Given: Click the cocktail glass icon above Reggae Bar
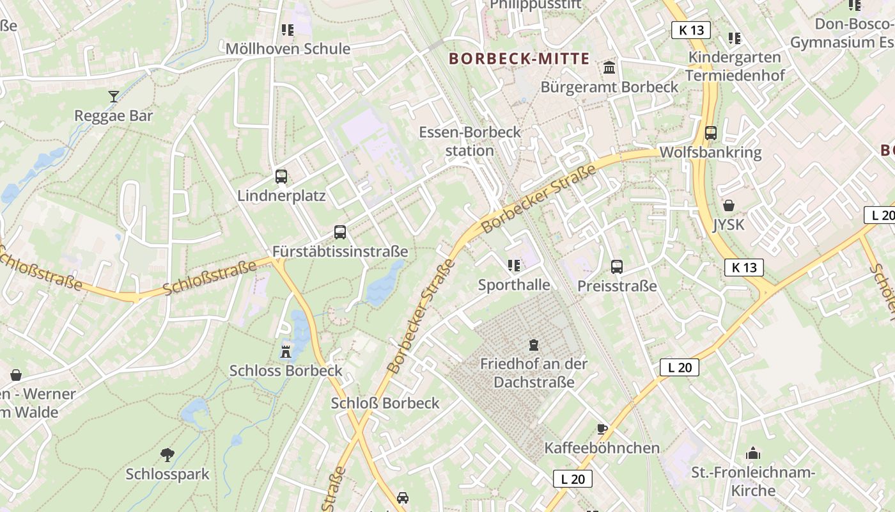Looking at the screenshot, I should point(114,97).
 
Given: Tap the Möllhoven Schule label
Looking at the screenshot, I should point(288,49).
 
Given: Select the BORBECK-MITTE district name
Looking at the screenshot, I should point(519,59).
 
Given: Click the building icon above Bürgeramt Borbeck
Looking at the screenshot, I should point(609,68).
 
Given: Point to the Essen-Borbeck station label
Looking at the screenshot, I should point(470,141).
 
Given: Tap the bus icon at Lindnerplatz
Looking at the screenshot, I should point(281,177).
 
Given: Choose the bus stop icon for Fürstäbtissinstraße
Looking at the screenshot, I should point(340,232).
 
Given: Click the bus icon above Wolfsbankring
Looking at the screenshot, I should point(710,133).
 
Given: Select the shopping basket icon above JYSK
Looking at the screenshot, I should point(728,206).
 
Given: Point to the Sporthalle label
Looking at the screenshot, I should point(514,285).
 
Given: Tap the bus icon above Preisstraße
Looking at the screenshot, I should point(617,267).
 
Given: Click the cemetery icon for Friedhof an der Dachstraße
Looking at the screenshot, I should point(534,345).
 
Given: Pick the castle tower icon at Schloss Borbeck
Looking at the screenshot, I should point(286,351).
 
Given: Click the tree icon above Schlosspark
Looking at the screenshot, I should point(167,455).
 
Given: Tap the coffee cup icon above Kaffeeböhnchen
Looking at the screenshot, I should point(602,429).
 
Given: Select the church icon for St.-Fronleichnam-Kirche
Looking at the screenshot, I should point(753,454).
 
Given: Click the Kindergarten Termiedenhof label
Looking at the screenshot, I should point(735,66).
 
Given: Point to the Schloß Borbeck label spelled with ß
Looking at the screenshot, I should point(385,403).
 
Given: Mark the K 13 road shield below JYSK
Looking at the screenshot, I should point(744,268).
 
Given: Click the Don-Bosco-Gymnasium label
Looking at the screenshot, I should point(842,33).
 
